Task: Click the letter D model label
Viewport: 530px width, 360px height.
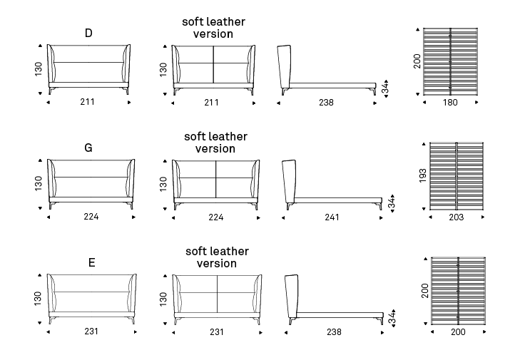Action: click(x=88, y=33)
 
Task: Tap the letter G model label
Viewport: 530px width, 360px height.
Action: click(x=88, y=148)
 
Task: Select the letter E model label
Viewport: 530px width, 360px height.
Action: click(x=91, y=263)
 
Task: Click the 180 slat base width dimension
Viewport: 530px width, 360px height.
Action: click(x=449, y=103)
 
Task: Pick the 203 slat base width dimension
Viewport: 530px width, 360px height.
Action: click(x=457, y=217)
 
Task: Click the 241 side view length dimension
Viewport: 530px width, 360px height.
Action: click(x=331, y=217)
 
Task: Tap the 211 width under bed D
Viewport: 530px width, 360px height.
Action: click(x=88, y=103)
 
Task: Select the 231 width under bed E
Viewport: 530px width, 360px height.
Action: click(x=91, y=332)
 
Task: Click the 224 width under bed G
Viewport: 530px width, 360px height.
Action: click(x=90, y=217)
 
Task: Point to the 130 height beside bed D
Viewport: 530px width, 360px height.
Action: click(x=39, y=69)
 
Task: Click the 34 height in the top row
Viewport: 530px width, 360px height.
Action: click(x=384, y=89)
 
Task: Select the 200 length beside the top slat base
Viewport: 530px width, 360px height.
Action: click(x=417, y=61)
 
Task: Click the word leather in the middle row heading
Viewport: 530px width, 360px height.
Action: click(x=228, y=136)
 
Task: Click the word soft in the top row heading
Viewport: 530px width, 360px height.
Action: click(x=194, y=21)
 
